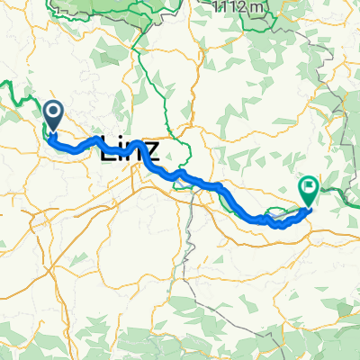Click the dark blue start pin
[x=52, y=115]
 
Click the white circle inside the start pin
[x=52, y=112]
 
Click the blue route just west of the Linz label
[x=85, y=143]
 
